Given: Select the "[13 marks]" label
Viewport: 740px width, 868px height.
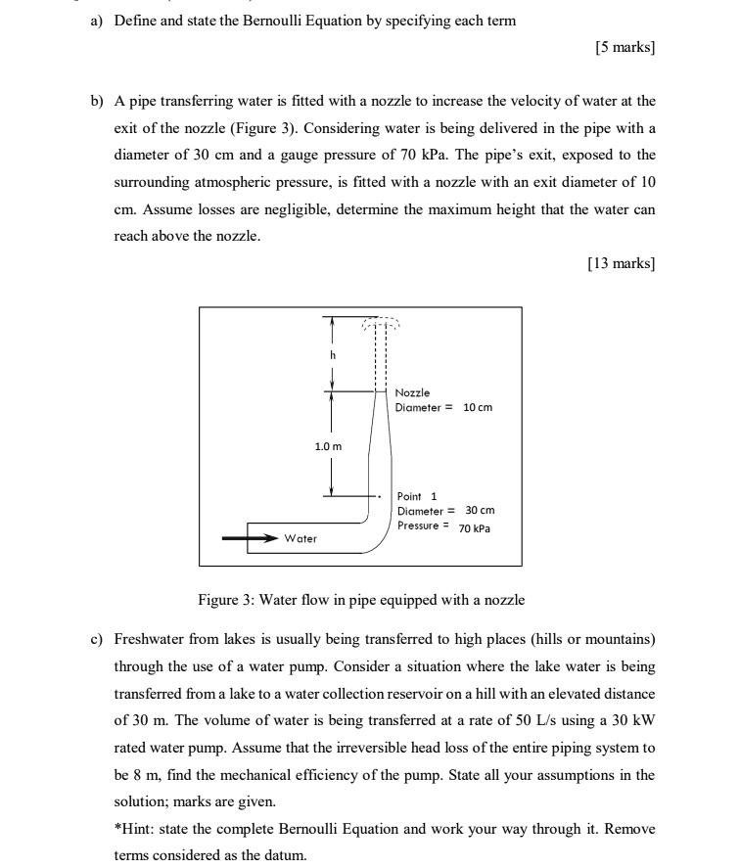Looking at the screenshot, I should tap(621, 263).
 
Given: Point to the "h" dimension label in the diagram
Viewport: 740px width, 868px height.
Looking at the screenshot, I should tap(332, 355).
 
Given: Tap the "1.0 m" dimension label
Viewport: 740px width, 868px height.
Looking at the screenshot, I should tap(328, 446).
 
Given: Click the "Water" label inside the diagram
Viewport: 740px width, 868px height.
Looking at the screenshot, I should tap(301, 538).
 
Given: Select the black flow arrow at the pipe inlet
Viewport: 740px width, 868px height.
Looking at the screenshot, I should tap(251, 537).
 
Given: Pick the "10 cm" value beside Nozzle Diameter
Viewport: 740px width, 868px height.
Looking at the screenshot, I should tap(478, 407).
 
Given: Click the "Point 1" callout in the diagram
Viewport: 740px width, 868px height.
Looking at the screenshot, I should tap(418, 496).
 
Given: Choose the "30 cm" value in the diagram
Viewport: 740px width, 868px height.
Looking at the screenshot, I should tap(480, 511).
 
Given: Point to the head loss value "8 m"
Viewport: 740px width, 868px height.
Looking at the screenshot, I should tap(124, 774).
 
